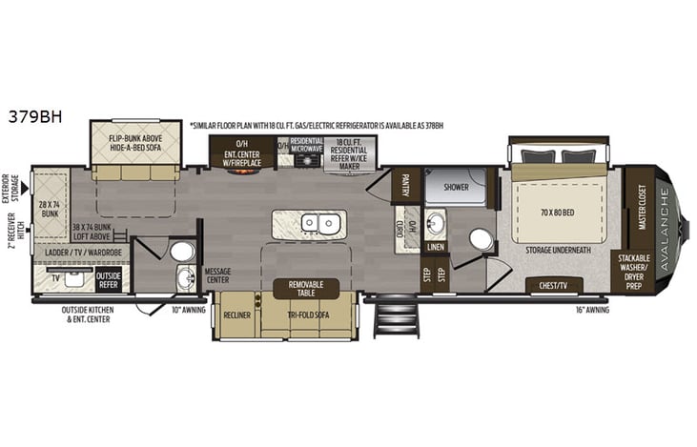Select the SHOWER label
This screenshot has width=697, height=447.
pyautogui.click(x=456, y=187)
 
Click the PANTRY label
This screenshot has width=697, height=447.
pyautogui.click(x=405, y=180)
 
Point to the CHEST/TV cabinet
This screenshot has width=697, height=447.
pyautogui.click(x=554, y=285)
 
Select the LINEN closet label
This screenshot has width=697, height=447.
pyautogui.click(x=436, y=247)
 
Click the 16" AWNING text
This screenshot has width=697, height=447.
pyautogui.click(x=592, y=310)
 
